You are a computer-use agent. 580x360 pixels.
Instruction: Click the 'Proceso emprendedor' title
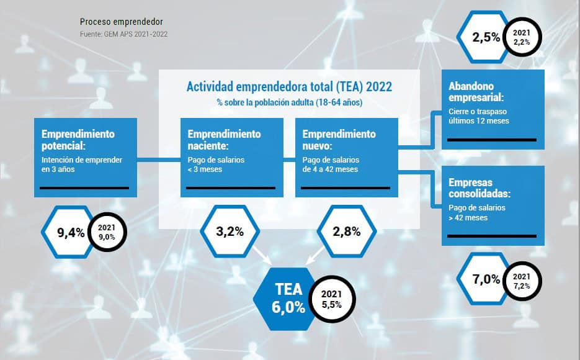[122, 22]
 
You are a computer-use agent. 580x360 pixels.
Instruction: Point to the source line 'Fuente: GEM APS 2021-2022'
[123, 34]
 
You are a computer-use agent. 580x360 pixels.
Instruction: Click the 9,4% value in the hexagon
[71, 233]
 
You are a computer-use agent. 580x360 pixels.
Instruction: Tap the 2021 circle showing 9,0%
[107, 232]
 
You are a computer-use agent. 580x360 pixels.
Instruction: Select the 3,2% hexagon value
[230, 232]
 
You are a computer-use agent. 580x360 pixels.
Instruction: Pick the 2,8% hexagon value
[347, 232]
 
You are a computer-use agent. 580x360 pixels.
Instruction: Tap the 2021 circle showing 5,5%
[332, 299]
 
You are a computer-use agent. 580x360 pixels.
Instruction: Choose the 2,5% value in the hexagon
[486, 37]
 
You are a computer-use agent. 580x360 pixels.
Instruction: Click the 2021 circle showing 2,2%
[522, 37]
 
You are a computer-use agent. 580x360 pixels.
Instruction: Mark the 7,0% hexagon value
[486, 279]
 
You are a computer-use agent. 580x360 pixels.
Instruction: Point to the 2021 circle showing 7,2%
[522, 281]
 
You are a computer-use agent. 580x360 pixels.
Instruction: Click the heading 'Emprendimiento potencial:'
[78, 140]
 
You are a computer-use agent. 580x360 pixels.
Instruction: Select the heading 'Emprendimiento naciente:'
[224, 140]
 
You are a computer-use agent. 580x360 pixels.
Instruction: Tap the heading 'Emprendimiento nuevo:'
[339, 140]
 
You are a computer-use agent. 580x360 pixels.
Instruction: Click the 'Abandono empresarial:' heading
[476, 92]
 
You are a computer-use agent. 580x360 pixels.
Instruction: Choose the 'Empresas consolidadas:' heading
[480, 188]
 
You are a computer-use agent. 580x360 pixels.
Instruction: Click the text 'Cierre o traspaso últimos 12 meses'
[479, 116]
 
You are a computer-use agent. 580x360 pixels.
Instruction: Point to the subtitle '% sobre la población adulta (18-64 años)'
[290, 102]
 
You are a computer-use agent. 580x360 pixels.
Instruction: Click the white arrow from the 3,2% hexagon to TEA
[262, 255]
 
